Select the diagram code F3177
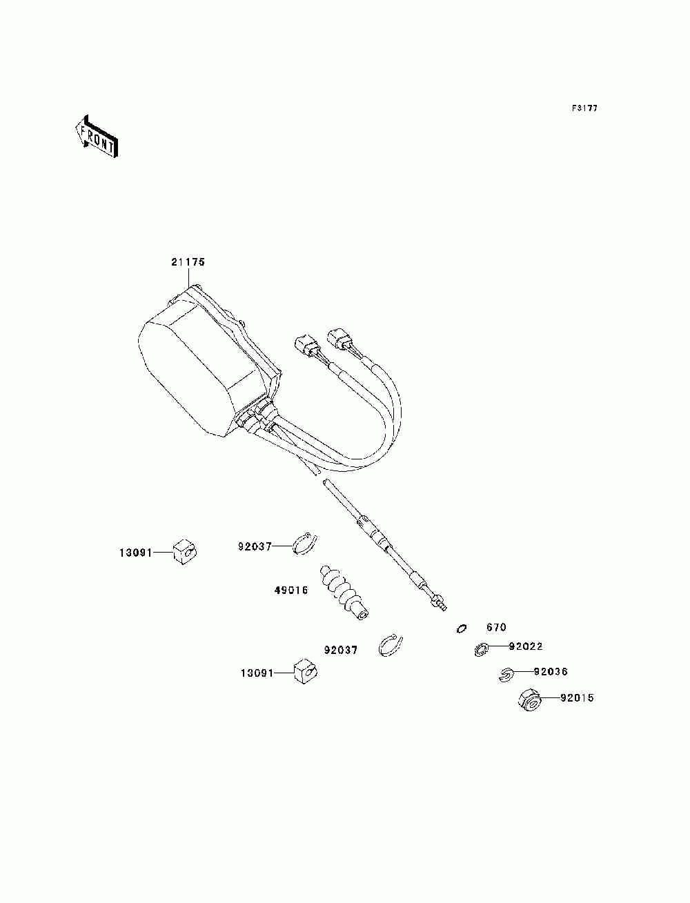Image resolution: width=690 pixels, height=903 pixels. point(584,109)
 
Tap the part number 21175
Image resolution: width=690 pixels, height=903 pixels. point(188,262)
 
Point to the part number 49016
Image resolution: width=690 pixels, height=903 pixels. point(290,590)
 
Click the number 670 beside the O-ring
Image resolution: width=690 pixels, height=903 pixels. point(496,628)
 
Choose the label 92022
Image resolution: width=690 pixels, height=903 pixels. point(526,647)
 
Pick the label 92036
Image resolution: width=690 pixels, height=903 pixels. point(551,672)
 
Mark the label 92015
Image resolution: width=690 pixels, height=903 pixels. point(576,698)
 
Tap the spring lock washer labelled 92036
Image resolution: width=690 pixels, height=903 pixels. point(506,674)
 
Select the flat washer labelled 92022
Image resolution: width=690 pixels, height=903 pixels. point(482,649)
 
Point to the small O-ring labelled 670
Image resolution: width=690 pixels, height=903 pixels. point(462,628)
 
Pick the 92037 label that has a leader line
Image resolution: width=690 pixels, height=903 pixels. point(255,546)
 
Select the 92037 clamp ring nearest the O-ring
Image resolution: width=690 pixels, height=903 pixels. point(393,645)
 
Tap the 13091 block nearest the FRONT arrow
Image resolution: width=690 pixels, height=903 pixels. point(184,551)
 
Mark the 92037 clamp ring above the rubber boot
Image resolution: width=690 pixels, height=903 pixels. point(304,544)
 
